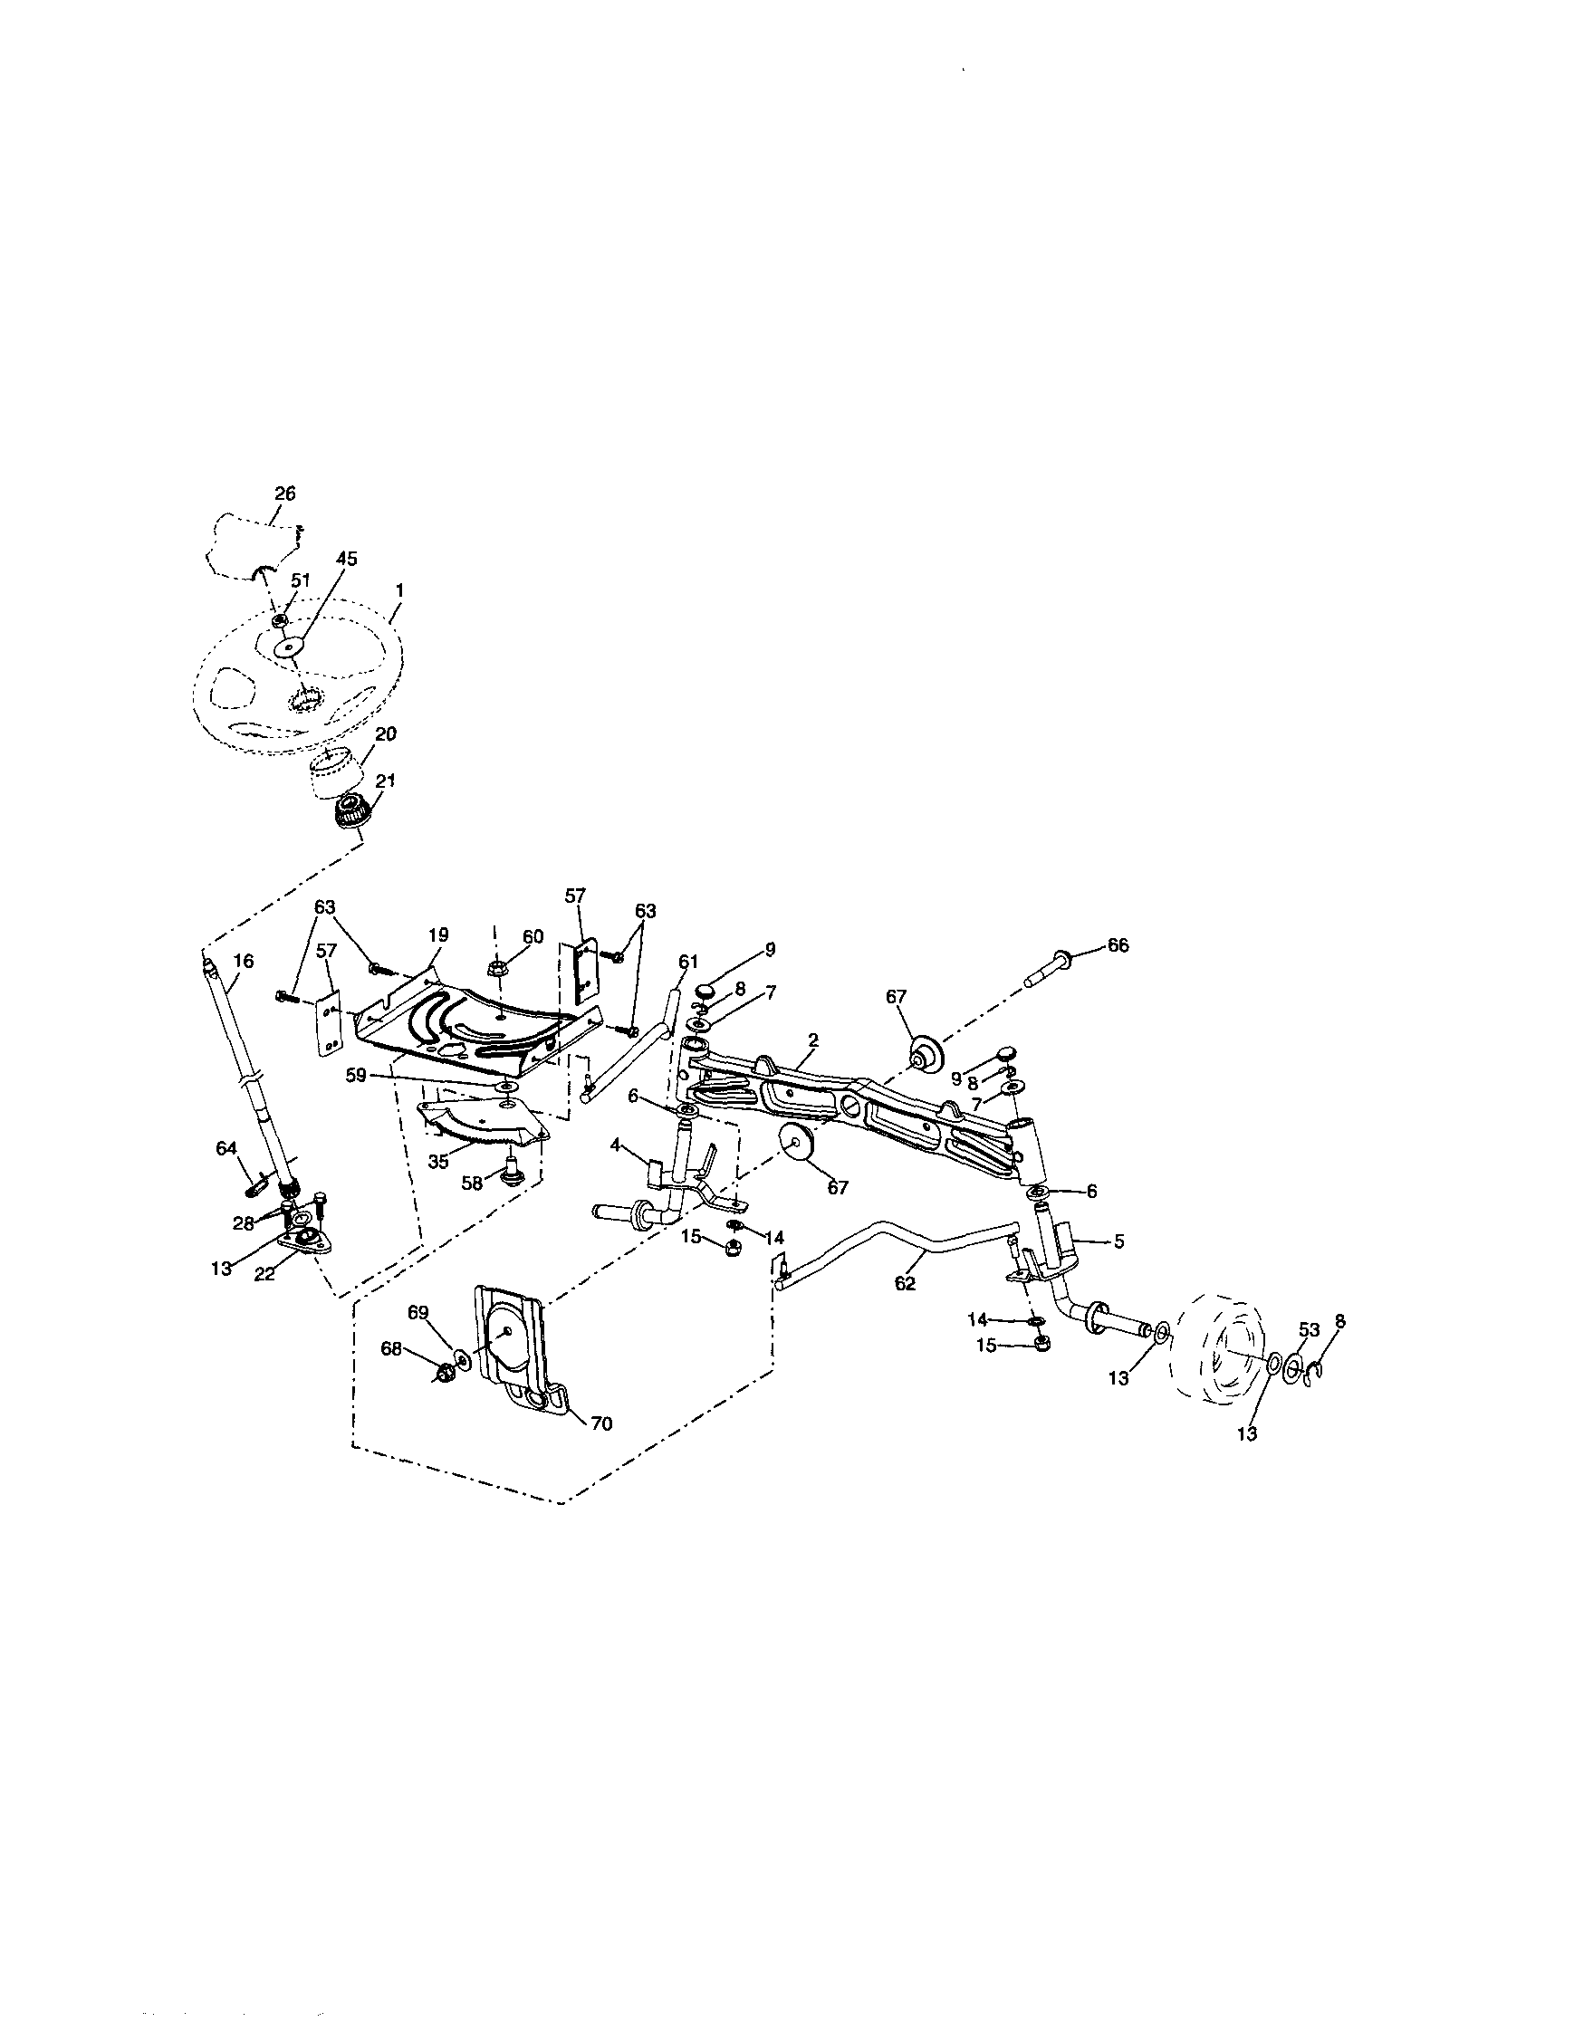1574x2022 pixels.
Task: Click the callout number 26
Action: click(286, 494)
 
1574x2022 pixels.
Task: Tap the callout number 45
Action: click(346, 560)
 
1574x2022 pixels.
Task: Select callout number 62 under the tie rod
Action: click(905, 1284)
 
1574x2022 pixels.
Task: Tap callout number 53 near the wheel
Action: click(1309, 1329)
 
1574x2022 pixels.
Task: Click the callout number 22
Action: click(264, 1274)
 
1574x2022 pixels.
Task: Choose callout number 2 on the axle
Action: click(812, 1040)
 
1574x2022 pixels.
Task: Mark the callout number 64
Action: click(226, 1148)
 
